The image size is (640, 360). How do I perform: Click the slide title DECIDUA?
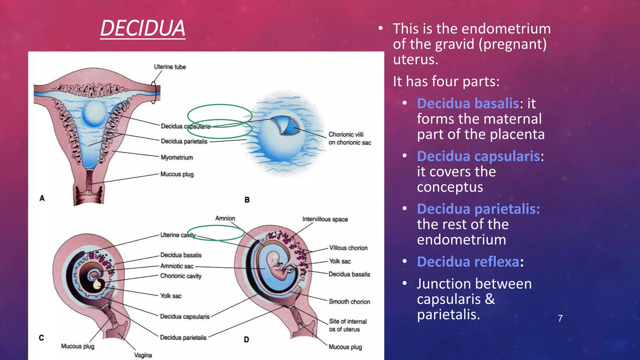click(143, 28)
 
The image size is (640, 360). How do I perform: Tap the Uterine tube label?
click(170, 67)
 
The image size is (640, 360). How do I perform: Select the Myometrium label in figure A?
click(177, 157)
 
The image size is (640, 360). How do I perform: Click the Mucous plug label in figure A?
click(177, 174)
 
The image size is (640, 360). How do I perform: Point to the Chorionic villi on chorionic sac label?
click(349, 138)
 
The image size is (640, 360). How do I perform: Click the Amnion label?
click(225, 218)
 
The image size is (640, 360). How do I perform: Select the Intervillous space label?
click(325, 219)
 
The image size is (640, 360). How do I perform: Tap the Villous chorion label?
click(348, 248)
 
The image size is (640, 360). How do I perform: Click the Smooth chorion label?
click(349, 302)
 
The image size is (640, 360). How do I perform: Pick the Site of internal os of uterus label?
click(347, 325)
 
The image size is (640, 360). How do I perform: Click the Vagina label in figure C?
click(143, 355)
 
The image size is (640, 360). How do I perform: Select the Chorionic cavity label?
click(181, 276)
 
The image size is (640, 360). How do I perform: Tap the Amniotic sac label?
click(177, 266)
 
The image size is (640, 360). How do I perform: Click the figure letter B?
click(247, 200)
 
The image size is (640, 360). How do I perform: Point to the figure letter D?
click(246, 339)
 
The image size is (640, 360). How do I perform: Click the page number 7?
click(560, 318)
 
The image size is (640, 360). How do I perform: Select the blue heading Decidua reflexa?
click(468, 262)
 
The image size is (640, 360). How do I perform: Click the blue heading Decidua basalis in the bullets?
click(468, 103)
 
